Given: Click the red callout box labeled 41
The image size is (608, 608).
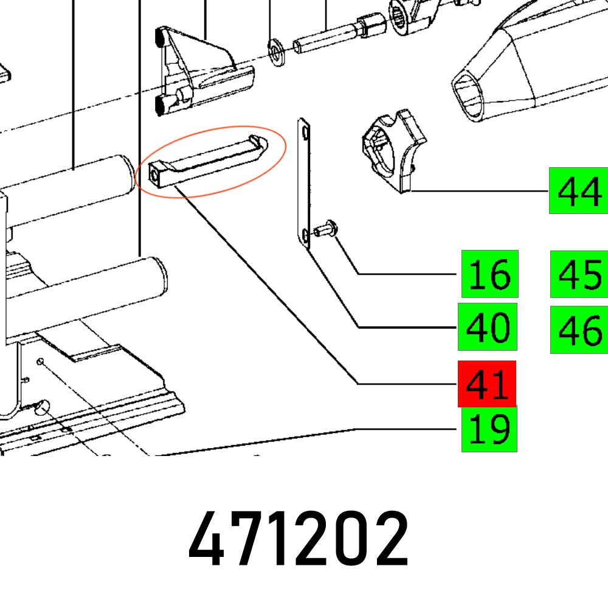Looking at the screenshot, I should click(488, 384).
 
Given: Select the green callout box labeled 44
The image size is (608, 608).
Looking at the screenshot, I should click(578, 190).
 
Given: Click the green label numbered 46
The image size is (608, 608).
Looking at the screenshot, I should click(579, 330).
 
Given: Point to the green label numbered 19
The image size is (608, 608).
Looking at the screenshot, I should click(489, 430).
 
